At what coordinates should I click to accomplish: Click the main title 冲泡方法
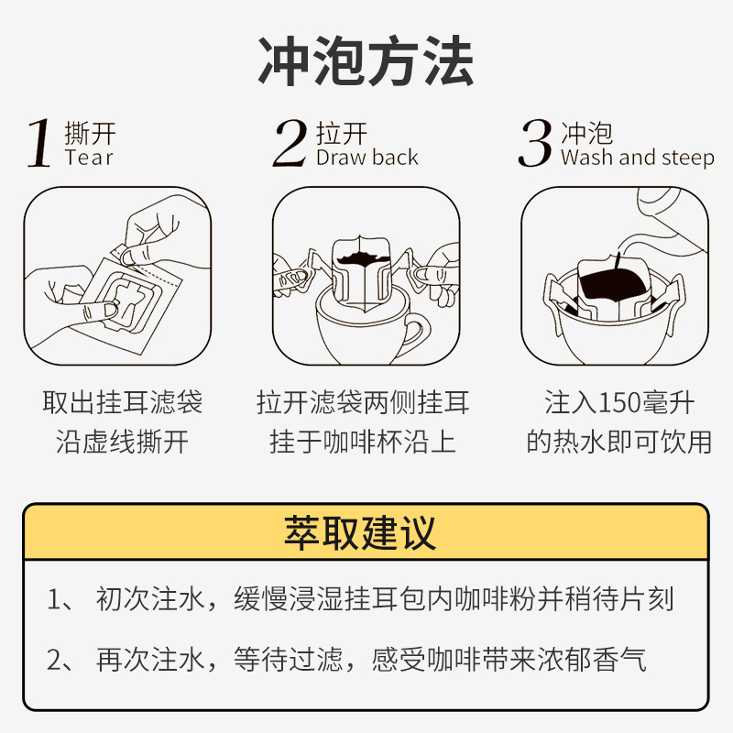click(366, 61)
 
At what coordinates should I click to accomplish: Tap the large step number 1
click(38, 144)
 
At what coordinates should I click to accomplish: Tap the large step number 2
click(290, 144)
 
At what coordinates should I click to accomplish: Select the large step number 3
click(535, 144)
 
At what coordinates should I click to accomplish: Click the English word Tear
click(89, 158)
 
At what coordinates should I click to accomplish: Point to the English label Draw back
click(366, 158)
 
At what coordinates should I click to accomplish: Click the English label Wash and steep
click(637, 158)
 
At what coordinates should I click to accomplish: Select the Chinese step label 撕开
click(90, 133)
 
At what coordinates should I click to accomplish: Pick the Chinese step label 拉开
click(342, 133)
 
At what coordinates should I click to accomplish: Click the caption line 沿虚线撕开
click(122, 442)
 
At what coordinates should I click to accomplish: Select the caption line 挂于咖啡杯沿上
click(363, 442)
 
